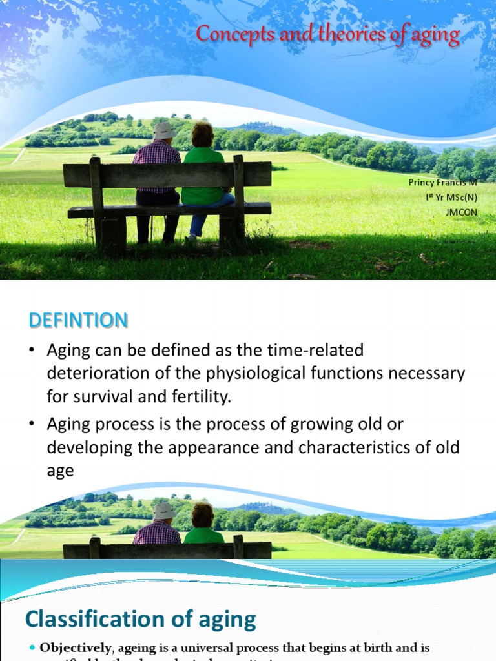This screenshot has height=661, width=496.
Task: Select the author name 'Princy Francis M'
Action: tap(443, 183)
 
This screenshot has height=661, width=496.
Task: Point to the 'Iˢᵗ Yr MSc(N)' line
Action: tap(451, 198)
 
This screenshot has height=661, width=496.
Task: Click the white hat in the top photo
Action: tap(164, 130)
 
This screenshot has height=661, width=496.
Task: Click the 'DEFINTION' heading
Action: tap(77, 320)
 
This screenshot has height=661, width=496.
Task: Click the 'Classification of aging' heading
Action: tap(140, 620)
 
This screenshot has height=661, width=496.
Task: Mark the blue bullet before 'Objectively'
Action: tap(32, 647)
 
